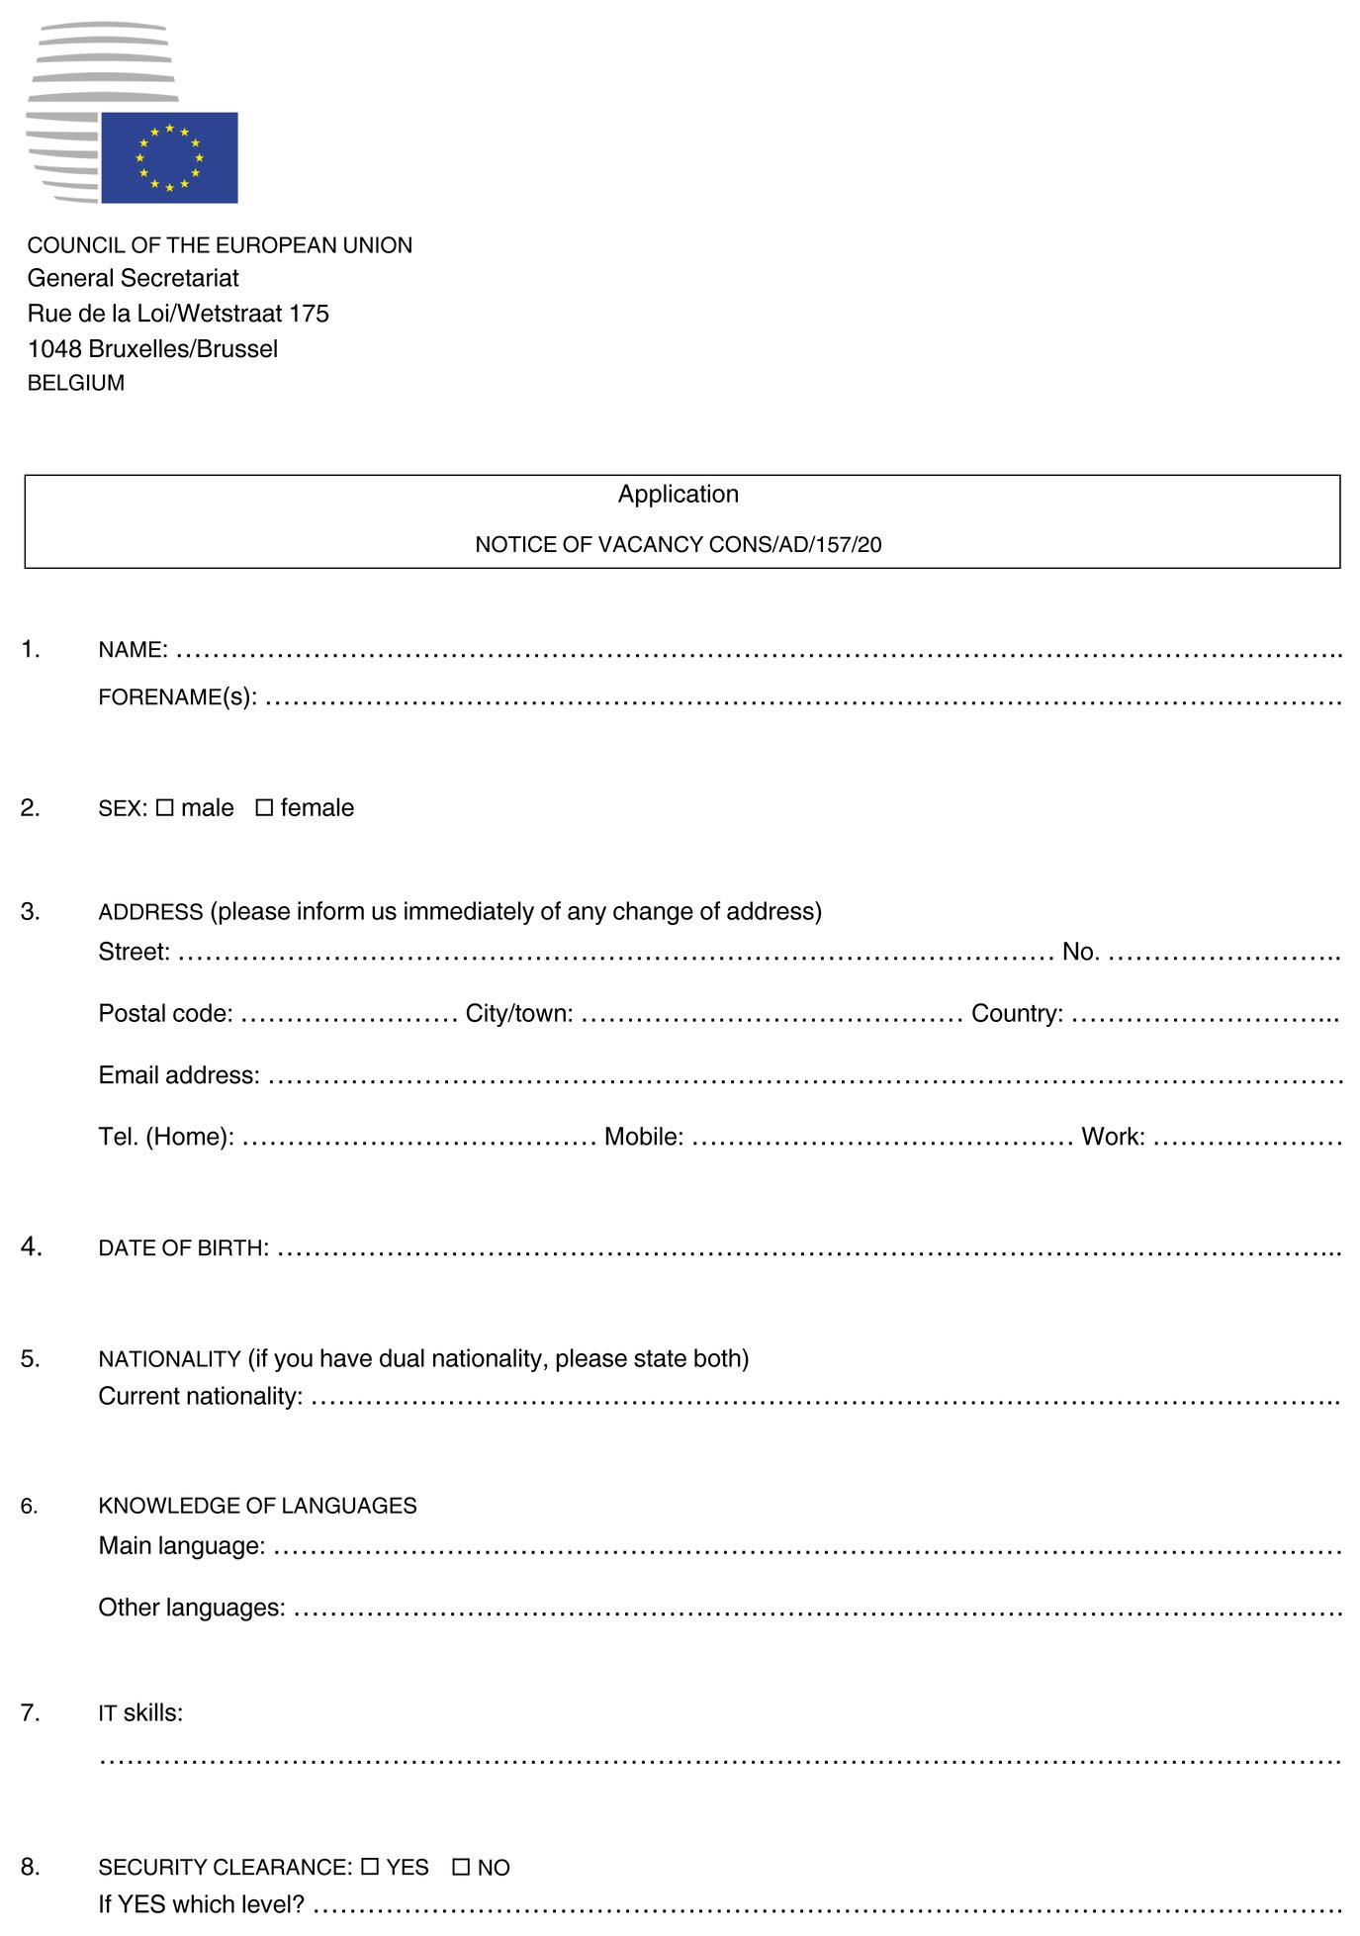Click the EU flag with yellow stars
coord(169,157)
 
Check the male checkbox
coord(164,807)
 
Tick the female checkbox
coord(264,807)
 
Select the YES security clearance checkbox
coord(370,1866)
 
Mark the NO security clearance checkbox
coord(461,1866)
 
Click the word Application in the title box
coord(679,494)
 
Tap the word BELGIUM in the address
coord(76,383)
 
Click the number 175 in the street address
coord(309,314)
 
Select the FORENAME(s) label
coord(177,697)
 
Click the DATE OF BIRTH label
coord(183,1248)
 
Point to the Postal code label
coord(165,1013)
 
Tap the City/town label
coord(519,1013)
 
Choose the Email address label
coord(179,1075)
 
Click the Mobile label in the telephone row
coord(644,1137)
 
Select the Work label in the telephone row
coord(1113,1137)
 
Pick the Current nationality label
coord(201,1396)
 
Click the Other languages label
coord(192,1608)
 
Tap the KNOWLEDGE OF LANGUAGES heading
coord(257,1506)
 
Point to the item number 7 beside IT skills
coord(30,1712)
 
